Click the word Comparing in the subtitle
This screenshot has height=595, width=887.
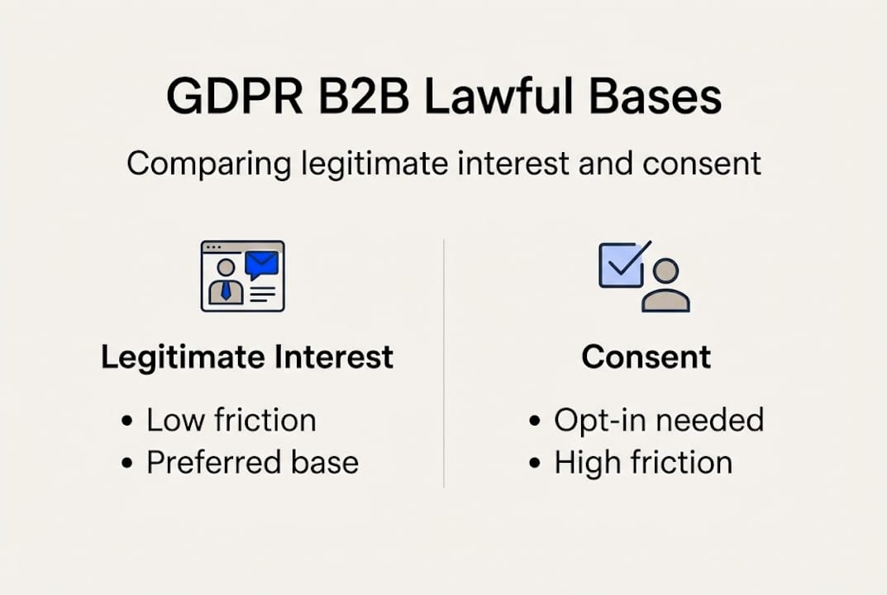coord(208,164)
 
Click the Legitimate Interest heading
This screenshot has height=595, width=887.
coord(247,357)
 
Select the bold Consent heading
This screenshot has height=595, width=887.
coord(646,357)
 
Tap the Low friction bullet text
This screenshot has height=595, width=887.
coord(231,420)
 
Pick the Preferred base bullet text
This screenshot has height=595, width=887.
coord(252,462)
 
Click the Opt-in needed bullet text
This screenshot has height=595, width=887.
coord(658,420)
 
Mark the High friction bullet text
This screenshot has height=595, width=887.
coord(642,462)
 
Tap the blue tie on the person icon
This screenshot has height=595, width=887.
coord(226,290)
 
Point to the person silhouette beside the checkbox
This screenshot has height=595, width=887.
coord(665,286)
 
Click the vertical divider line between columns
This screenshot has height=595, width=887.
coord(444,364)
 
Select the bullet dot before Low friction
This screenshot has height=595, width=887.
coord(126,421)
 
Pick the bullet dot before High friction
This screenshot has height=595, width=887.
coord(534,463)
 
